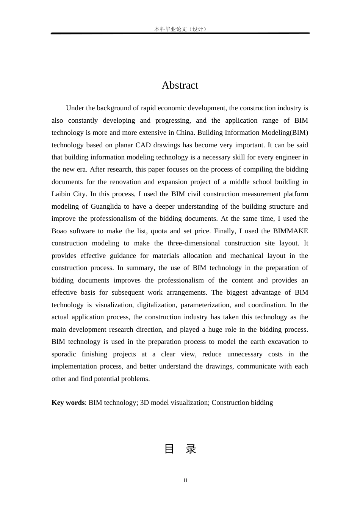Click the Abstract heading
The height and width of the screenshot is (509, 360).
[x=180, y=85]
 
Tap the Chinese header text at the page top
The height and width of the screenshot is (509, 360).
[x=180, y=29]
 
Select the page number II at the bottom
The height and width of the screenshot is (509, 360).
[x=185, y=480]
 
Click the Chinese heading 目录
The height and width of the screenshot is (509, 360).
[x=180, y=449]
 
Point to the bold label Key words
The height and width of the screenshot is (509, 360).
[x=68, y=403]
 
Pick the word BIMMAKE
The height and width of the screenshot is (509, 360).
[x=291, y=231]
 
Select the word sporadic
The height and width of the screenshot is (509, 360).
[x=64, y=354]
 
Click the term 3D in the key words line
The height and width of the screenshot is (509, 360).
[x=144, y=403]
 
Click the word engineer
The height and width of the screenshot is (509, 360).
[x=289, y=157]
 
